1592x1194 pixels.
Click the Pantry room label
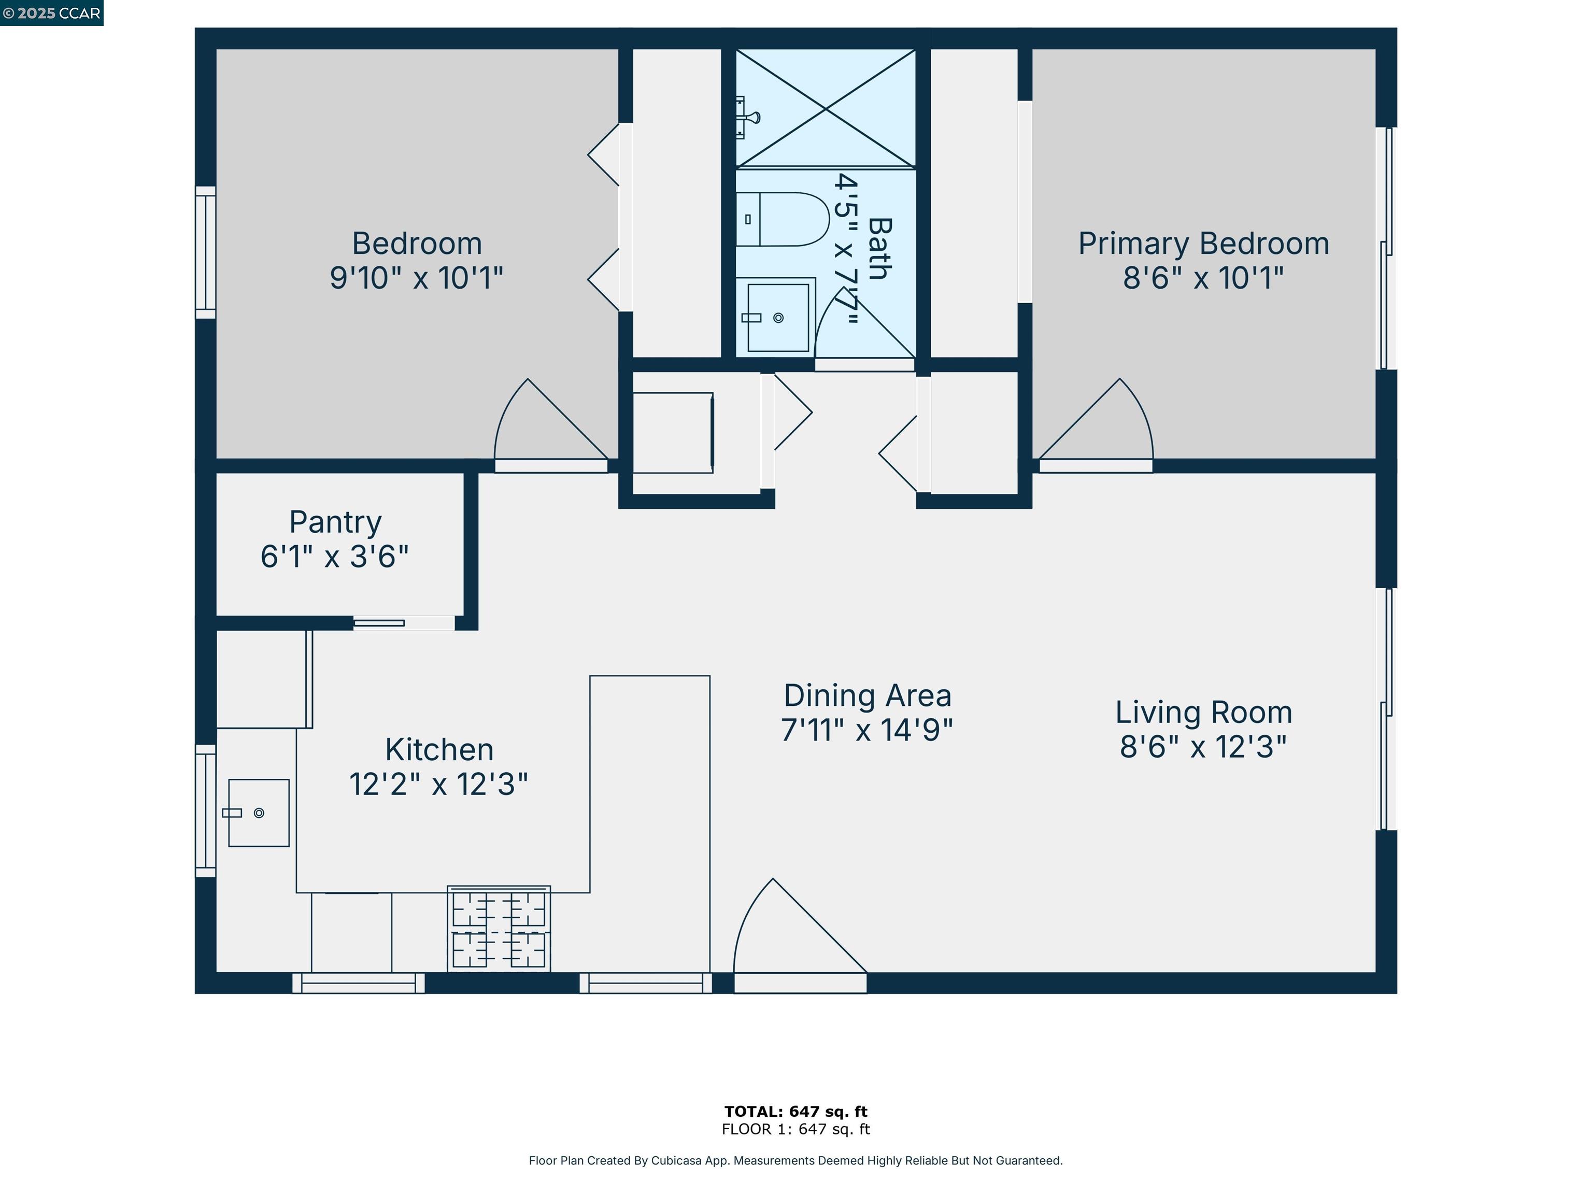tap(335, 522)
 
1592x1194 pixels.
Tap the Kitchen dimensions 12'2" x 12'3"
tap(438, 784)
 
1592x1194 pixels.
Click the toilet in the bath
tap(783, 220)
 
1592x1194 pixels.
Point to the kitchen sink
tap(259, 813)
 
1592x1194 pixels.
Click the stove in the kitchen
tap(499, 929)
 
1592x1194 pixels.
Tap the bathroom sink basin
tap(778, 317)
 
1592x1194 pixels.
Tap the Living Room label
tap(1203, 713)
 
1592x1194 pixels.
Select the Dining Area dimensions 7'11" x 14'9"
tap(867, 730)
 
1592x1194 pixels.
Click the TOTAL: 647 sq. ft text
tap(796, 1111)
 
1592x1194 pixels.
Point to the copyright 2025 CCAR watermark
tap(52, 13)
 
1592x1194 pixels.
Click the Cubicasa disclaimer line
tap(796, 1160)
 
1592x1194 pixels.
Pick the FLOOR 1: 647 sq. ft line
tap(796, 1129)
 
